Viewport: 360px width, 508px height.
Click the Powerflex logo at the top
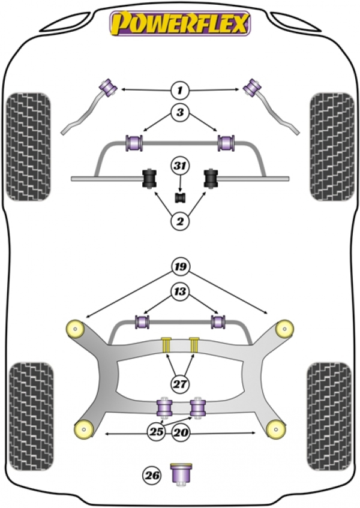(x=180, y=23)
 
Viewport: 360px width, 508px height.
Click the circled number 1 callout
(x=180, y=90)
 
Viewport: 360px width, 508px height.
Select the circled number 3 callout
(x=180, y=112)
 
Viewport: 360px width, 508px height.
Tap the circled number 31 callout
(x=180, y=166)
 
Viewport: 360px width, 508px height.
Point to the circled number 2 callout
(x=180, y=221)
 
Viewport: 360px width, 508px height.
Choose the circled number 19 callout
(x=180, y=267)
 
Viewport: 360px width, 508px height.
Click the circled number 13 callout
(x=180, y=291)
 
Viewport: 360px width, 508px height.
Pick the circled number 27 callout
(x=180, y=384)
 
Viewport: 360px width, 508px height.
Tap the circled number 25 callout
(x=156, y=432)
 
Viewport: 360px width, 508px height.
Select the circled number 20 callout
(x=181, y=432)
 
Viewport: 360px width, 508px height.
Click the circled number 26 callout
(x=152, y=475)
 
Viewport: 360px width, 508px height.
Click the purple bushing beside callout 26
(x=181, y=474)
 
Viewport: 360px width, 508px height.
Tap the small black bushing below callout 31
(x=180, y=198)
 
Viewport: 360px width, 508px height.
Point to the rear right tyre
(x=329, y=416)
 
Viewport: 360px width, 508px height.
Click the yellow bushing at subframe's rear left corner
(x=84, y=429)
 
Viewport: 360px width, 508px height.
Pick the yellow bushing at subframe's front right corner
(x=284, y=329)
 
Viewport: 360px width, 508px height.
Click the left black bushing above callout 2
(x=149, y=178)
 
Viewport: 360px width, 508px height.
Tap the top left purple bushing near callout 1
(x=108, y=87)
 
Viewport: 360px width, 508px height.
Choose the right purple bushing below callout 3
(x=226, y=143)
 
